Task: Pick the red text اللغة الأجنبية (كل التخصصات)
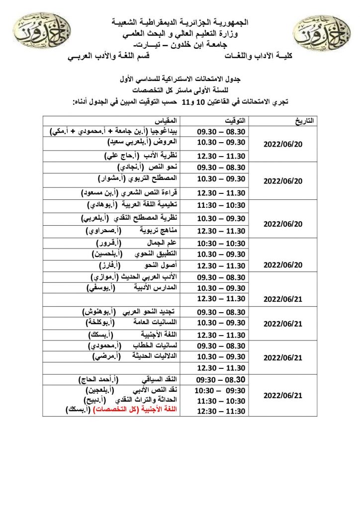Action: point(125,411)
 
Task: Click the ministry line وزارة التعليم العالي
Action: point(180,34)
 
